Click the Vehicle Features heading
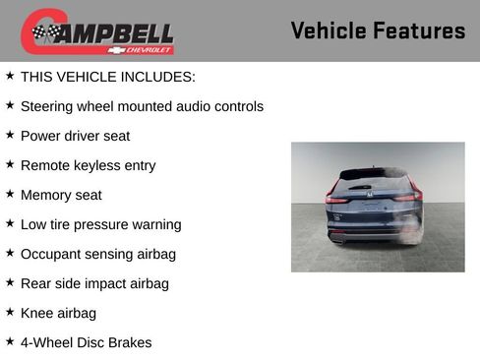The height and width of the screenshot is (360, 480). click(378, 30)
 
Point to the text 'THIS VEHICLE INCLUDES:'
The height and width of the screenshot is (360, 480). click(108, 77)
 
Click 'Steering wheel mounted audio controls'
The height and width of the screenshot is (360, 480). click(142, 106)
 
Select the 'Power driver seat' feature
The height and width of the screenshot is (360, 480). click(75, 136)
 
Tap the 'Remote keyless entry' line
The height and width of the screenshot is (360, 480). click(88, 165)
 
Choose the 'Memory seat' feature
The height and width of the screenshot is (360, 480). click(61, 195)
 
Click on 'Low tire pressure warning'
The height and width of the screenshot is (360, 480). click(100, 224)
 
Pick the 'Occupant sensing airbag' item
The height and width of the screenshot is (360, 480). click(97, 254)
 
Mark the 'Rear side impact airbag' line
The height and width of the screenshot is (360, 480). click(94, 283)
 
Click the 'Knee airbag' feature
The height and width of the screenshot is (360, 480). click(58, 313)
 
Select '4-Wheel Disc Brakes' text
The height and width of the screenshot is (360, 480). click(86, 342)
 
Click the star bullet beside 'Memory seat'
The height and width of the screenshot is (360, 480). click(10, 194)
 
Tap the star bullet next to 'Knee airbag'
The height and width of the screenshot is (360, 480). click(10, 312)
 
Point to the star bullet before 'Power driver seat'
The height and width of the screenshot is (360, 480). click(10, 135)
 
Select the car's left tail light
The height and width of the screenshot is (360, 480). click(337, 198)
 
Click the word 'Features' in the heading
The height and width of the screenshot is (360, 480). click(419, 30)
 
